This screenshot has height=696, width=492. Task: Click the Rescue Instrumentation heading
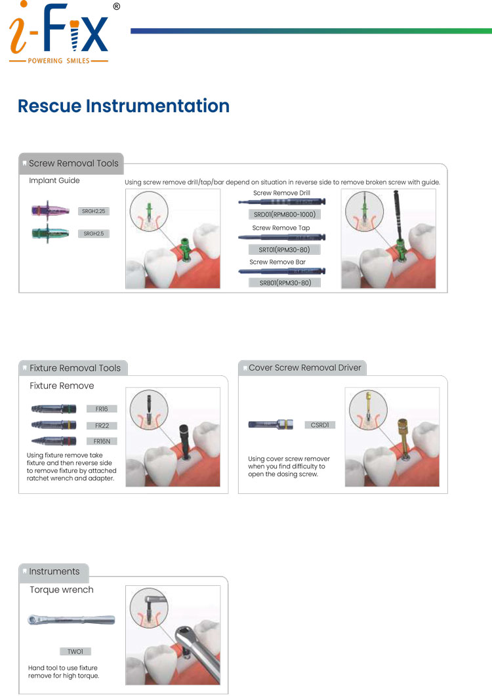tap(123, 106)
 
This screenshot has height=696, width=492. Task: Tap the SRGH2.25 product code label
tap(93, 211)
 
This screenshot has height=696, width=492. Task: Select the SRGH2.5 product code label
tap(93, 234)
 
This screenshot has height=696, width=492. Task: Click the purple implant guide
tap(50, 211)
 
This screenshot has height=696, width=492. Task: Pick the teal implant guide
tap(50, 233)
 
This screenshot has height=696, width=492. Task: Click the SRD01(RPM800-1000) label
tap(285, 215)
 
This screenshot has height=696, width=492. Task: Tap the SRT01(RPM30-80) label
tap(284, 249)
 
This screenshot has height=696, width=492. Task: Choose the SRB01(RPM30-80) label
tap(285, 283)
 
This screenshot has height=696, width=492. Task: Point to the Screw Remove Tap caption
tap(281, 228)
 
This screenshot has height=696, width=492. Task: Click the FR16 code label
tap(102, 409)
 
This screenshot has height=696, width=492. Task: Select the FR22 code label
tap(102, 425)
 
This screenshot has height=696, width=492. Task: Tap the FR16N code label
tap(102, 441)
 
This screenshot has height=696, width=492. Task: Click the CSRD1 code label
tap(319, 425)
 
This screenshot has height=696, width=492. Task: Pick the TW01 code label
tap(75, 651)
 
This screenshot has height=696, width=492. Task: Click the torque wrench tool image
tap(71, 620)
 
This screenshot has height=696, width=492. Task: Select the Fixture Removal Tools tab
tap(73, 368)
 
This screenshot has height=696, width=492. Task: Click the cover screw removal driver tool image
tap(270, 425)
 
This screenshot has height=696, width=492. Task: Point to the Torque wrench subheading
tap(62, 590)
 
